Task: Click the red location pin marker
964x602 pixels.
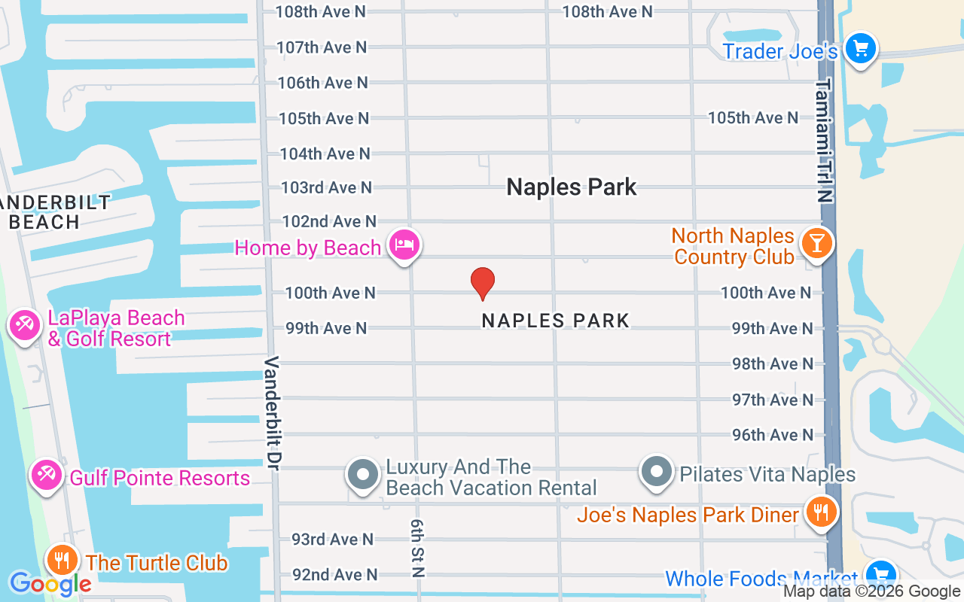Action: (483, 283)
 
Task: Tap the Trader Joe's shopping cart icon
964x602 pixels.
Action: (860, 49)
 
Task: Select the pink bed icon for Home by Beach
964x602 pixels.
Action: (404, 245)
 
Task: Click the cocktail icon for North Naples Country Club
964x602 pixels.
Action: (816, 242)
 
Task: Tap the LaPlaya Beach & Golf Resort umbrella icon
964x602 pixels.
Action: (24, 326)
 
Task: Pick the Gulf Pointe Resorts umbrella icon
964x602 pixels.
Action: (47, 475)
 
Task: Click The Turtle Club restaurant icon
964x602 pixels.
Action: (62, 561)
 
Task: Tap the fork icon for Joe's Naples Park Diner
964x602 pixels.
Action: (819, 512)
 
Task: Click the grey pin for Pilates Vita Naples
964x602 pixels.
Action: (657, 473)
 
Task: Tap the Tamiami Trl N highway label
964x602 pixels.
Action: (825, 140)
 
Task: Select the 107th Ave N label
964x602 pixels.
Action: (322, 47)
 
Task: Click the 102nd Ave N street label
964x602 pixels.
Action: (328, 221)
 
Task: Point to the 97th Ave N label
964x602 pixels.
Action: (773, 400)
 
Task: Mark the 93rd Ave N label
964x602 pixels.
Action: (332, 539)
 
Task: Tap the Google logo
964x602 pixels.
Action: (50, 583)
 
